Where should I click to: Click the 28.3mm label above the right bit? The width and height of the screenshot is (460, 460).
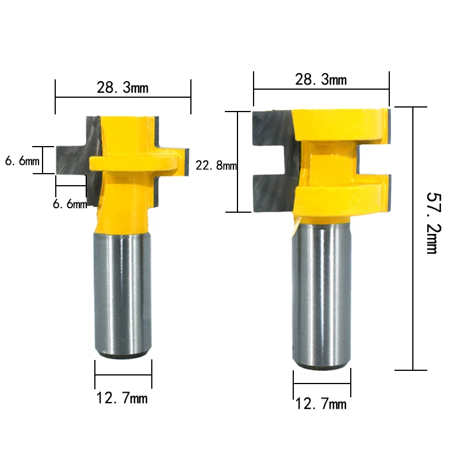pos(321,79)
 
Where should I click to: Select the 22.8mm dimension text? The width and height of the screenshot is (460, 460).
pos(216,166)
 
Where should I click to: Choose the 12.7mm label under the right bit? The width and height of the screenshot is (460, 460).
pos(321,404)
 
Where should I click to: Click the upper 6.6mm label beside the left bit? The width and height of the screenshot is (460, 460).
pos(21,162)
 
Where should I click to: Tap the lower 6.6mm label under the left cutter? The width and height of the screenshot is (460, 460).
pos(70,204)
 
